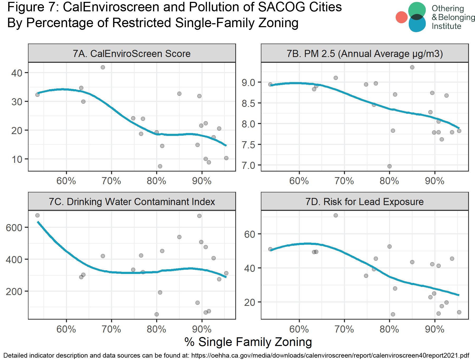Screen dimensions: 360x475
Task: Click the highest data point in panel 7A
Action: coord(103,67)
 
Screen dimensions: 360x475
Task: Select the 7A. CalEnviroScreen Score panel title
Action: coord(132,54)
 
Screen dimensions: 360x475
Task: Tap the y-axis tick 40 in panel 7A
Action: coord(17,73)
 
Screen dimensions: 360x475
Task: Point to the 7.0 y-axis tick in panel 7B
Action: coord(248,165)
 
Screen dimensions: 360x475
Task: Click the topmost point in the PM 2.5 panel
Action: coord(412,67)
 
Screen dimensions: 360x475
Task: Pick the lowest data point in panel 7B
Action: coord(390,166)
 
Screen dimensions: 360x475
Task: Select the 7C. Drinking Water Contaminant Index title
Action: coord(132,202)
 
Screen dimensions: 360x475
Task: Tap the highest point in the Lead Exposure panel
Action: coord(336,215)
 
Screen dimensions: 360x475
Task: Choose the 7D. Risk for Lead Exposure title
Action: coord(364,202)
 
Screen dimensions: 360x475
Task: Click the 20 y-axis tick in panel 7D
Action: coord(250,302)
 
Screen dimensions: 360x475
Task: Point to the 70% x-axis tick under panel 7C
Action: coord(111,329)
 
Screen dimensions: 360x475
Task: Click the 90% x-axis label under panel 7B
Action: coord(435,181)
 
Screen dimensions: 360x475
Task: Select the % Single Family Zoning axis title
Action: coord(248,342)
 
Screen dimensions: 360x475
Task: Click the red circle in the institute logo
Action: coord(401,17)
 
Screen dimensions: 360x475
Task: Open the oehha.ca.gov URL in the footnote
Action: coord(330,355)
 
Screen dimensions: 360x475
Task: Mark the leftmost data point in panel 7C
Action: coord(37,215)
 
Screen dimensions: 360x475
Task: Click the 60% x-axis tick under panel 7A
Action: coord(66,181)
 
